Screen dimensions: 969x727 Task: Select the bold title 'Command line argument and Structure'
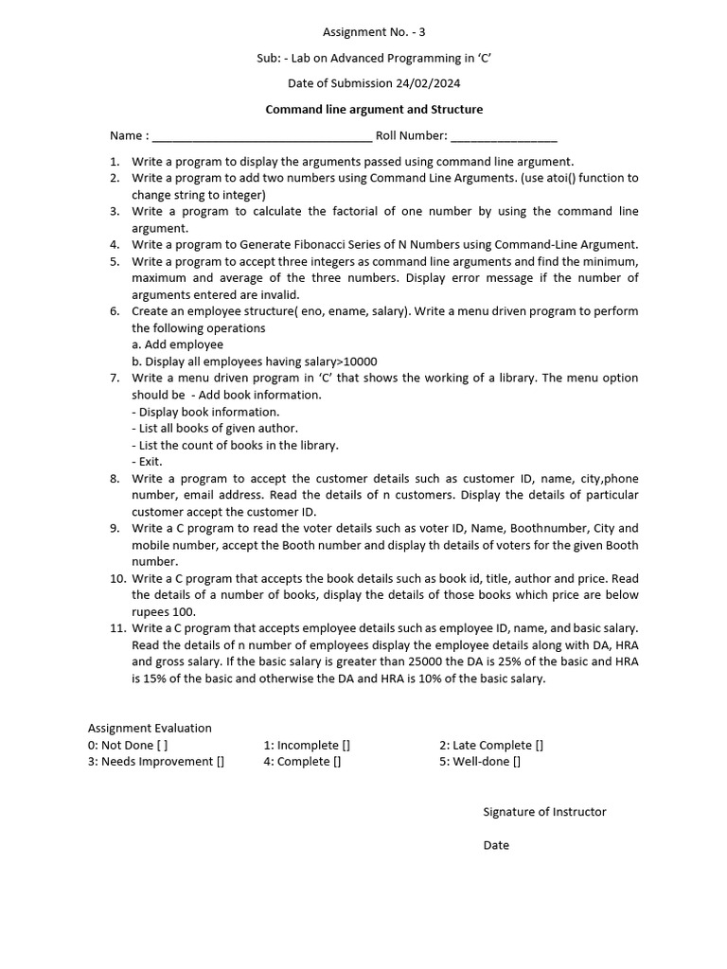(374, 110)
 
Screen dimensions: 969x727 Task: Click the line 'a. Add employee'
(178, 344)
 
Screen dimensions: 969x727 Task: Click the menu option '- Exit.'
(148, 462)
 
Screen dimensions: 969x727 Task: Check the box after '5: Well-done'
(516, 762)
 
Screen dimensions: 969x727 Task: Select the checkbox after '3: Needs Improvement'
(220, 762)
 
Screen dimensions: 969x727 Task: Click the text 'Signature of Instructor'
(544, 812)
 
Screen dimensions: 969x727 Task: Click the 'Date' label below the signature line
(496, 845)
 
